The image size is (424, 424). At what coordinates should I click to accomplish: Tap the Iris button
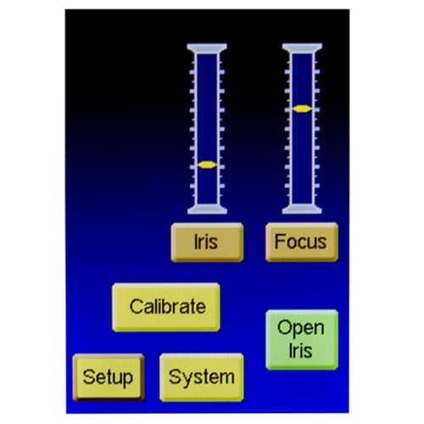pos(207,243)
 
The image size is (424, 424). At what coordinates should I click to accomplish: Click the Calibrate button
pos(166,307)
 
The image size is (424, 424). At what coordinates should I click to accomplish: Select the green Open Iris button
pos(302,339)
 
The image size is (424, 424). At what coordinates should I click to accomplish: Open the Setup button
pos(109,377)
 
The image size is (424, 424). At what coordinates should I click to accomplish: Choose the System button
pos(202,377)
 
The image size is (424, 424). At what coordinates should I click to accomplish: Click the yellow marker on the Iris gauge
pos(207,165)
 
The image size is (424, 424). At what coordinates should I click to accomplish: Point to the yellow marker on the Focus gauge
pos(302,109)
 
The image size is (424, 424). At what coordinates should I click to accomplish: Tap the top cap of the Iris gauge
pos(207,48)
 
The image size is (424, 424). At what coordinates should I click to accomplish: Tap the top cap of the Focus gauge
pos(302,48)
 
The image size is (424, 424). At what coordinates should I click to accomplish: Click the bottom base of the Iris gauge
pos(207,209)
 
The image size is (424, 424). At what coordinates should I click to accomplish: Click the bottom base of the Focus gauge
pos(302,209)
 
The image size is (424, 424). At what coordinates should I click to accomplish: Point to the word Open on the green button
pos(301,329)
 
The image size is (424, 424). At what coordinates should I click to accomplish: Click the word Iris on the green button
pos(300,351)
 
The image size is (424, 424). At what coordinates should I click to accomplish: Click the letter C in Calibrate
pos(137,307)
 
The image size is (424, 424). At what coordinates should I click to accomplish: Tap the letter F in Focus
pos(280,241)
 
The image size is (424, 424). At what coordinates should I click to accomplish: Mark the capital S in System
pos(176,377)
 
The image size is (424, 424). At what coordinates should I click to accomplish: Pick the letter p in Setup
pos(127,380)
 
